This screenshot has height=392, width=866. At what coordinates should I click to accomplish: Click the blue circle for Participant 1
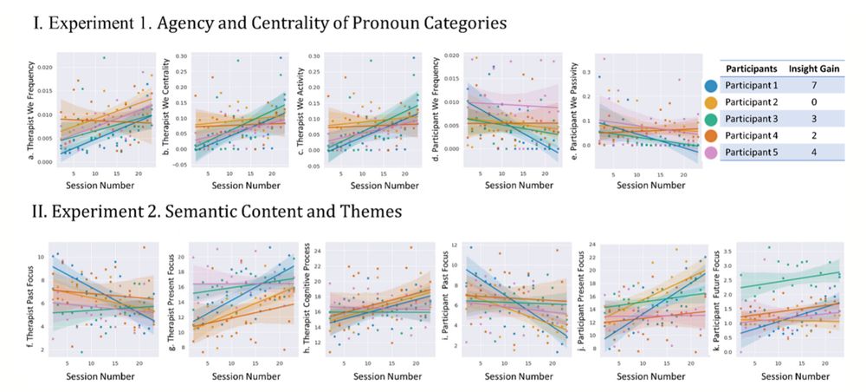(710, 86)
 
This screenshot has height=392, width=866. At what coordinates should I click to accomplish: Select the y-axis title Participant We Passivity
(576, 111)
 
